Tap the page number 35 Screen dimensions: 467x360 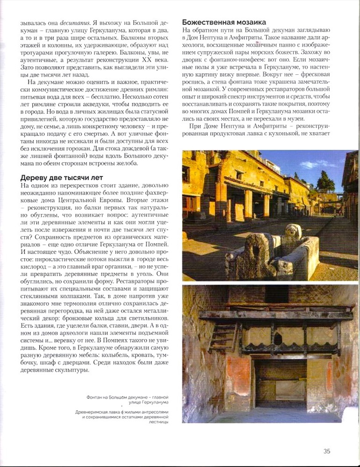pos(327,451)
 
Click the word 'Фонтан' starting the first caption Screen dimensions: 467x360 pos(97,397)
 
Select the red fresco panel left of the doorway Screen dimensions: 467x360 pos(238,374)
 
